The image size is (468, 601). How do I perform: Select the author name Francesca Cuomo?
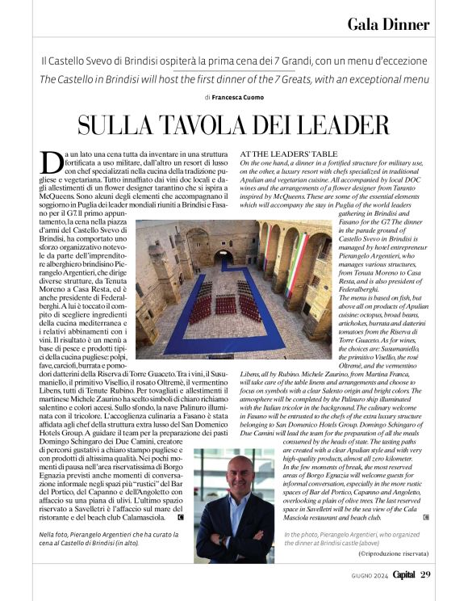pyautogui.click(x=242, y=97)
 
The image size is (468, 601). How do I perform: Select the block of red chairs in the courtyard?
pyautogui.click(x=226, y=307)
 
